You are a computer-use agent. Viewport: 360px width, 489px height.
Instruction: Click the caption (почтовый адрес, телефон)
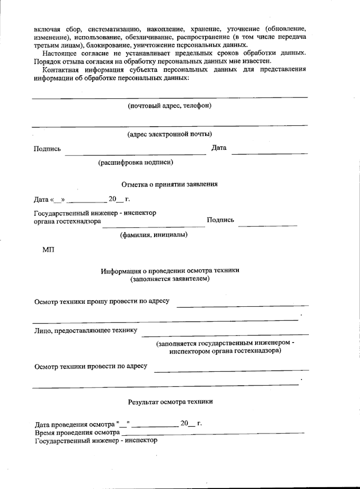tap(169, 106)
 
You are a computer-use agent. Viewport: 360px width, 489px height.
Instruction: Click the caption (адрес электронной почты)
tap(169, 134)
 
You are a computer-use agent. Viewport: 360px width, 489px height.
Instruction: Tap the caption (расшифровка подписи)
tap(136, 162)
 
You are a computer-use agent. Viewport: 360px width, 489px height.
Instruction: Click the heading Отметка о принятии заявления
tap(169, 184)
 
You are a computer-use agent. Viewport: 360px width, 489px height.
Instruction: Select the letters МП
tap(48, 250)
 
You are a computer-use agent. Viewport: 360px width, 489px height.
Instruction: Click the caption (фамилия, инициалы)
tap(154, 235)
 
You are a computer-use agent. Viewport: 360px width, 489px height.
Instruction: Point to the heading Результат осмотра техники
tap(170, 402)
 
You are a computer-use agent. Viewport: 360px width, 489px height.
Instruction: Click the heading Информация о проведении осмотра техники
tap(170, 271)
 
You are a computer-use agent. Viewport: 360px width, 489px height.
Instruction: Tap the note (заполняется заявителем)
tap(170, 279)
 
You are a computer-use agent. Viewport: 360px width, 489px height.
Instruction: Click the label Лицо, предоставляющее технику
tap(86, 330)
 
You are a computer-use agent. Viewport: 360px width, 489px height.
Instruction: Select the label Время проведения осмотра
tap(77, 433)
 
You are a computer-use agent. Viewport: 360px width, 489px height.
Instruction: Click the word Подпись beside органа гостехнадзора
tap(220, 220)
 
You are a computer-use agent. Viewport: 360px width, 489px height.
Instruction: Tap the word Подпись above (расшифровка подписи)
tap(47, 149)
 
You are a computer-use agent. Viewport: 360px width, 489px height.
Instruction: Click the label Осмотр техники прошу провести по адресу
tap(102, 301)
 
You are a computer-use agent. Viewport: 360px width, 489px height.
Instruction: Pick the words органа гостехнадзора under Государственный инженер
tap(67, 221)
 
